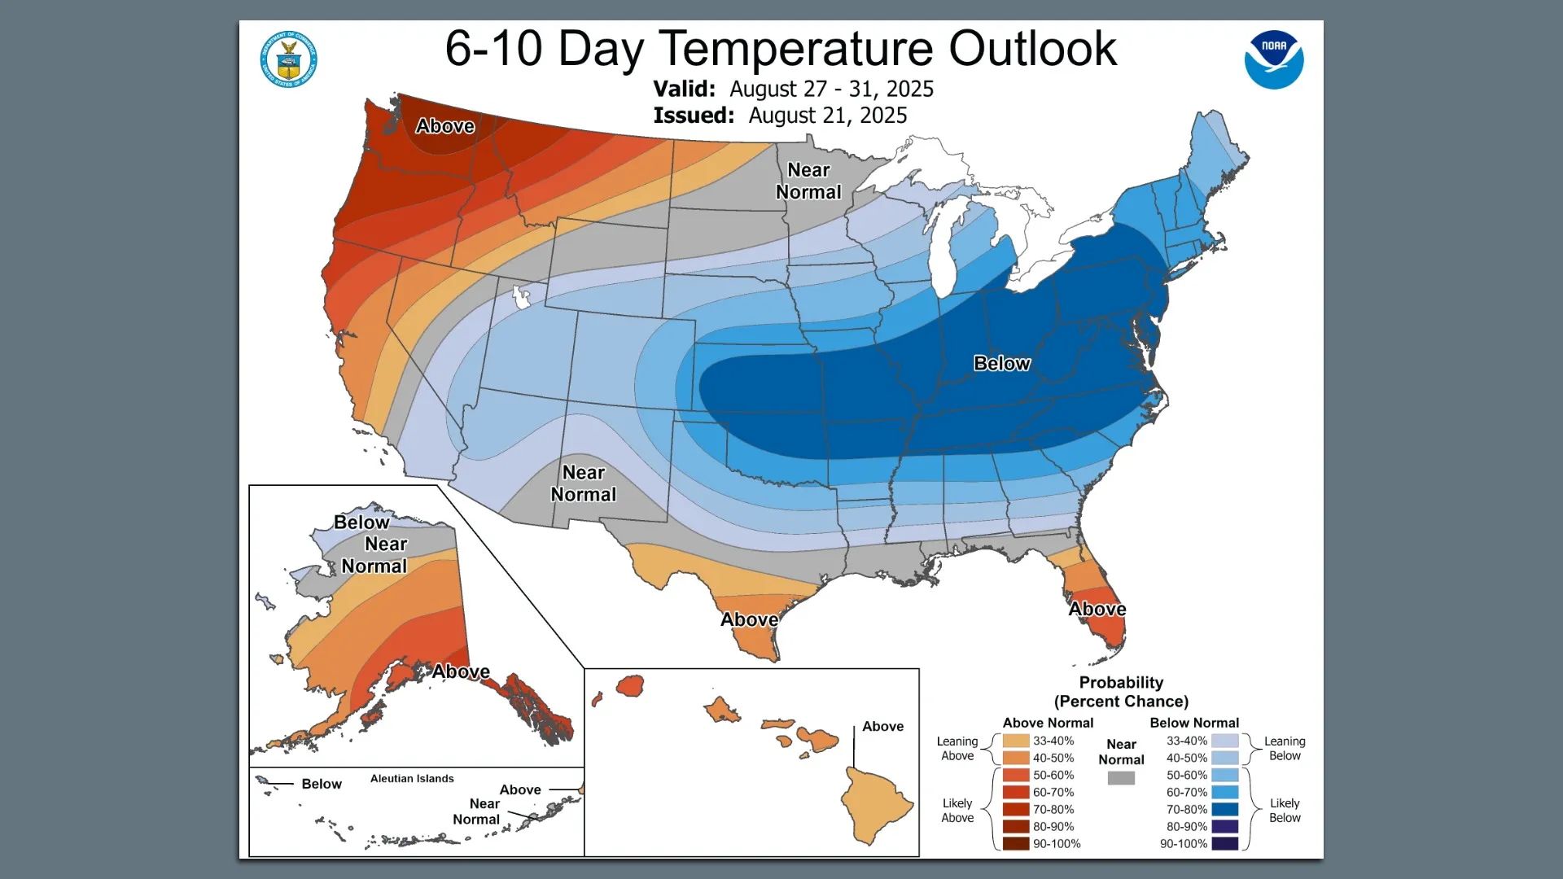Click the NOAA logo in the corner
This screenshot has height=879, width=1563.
(x=1273, y=59)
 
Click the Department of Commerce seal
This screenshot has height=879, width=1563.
(x=288, y=59)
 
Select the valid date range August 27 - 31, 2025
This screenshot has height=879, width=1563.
(x=831, y=89)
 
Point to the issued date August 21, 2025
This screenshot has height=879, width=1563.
(x=827, y=116)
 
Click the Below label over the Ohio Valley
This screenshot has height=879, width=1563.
(x=1001, y=364)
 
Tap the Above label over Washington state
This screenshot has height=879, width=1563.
(x=444, y=126)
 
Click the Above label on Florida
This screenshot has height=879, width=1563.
(x=1097, y=610)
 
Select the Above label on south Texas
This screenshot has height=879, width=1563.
(x=749, y=620)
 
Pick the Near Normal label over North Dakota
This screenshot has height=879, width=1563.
(x=808, y=181)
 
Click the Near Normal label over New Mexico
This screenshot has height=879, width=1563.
(x=583, y=483)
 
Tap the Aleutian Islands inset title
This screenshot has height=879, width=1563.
(x=412, y=779)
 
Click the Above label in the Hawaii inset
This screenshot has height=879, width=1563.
(x=882, y=727)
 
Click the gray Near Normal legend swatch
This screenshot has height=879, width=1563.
(x=1121, y=779)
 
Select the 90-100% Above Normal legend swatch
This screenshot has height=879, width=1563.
(x=1016, y=844)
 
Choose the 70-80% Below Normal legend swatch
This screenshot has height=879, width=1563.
(x=1224, y=810)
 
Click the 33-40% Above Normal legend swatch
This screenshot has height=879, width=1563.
(x=1016, y=741)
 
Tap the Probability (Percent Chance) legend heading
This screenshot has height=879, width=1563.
(x=1121, y=692)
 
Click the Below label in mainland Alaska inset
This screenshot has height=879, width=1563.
(x=361, y=523)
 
